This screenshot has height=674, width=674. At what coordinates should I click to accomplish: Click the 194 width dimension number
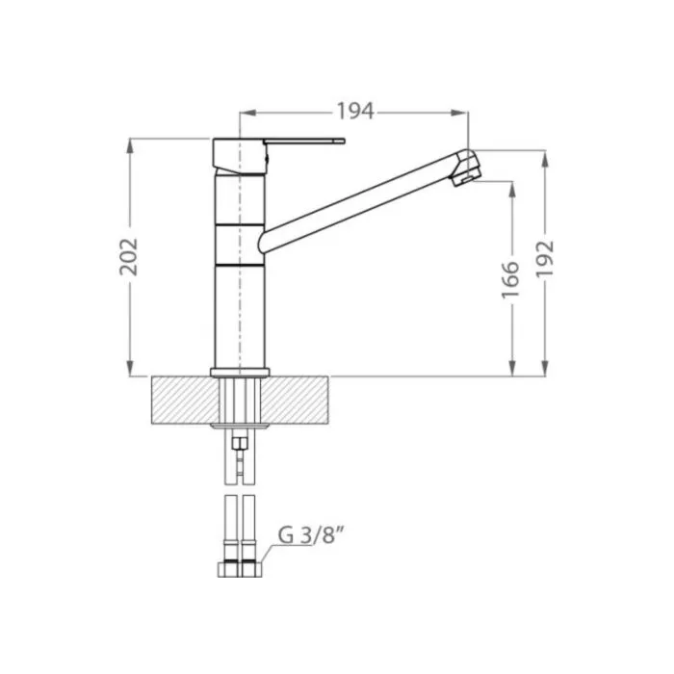(355, 112)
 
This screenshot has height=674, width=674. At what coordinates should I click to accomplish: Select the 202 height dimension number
(128, 257)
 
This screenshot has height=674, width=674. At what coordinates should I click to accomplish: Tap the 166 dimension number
(510, 279)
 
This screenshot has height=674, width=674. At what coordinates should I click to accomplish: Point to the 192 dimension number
(545, 258)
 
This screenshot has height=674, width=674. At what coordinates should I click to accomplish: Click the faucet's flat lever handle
(304, 141)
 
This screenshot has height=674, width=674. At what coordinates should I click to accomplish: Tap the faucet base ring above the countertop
(240, 373)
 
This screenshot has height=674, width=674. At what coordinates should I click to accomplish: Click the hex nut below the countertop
(240, 442)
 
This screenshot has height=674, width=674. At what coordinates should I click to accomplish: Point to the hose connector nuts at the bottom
(240, 570)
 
